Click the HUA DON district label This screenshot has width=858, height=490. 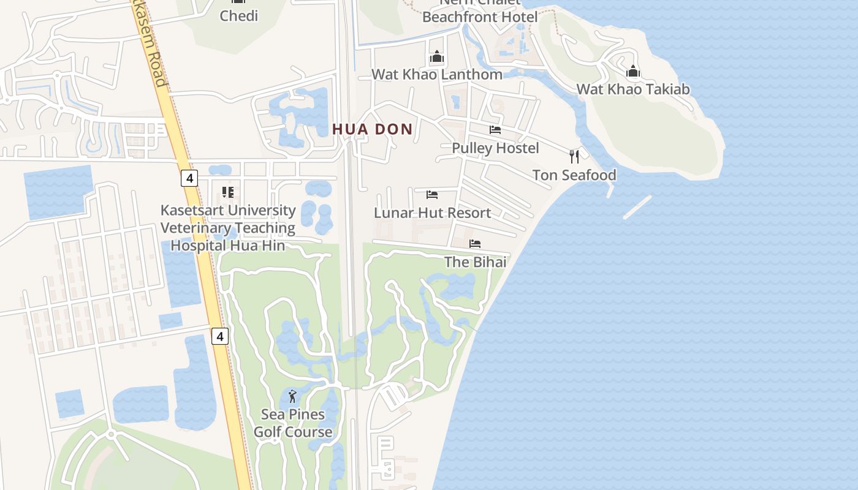[373, 129]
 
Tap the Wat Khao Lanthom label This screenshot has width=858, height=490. [437, 74]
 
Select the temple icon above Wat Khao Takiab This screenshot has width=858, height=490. [633, 72]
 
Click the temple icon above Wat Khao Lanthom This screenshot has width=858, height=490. [436, 57]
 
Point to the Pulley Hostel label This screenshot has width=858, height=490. [495, 148]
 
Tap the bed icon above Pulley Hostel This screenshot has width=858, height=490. [495, 130]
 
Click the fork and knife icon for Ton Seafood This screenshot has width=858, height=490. [574, 157]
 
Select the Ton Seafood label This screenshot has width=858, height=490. [574, 175]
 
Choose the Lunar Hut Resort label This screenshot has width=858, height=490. [433, 213]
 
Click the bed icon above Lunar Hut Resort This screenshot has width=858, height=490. [432, 195]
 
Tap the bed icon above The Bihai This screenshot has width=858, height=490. [475, 244]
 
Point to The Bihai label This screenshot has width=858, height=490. [475, 262]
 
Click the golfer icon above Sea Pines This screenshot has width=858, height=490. [292, 396]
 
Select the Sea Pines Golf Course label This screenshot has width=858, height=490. [293, 423]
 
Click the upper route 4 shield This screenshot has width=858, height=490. [190, 178]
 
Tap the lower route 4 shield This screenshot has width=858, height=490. [221, 336]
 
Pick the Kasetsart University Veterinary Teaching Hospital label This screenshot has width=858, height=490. [228, 228]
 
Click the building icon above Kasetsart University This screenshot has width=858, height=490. [228, 192]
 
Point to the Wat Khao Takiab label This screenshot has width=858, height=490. [633, 89]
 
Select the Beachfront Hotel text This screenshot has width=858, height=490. [480, 17]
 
